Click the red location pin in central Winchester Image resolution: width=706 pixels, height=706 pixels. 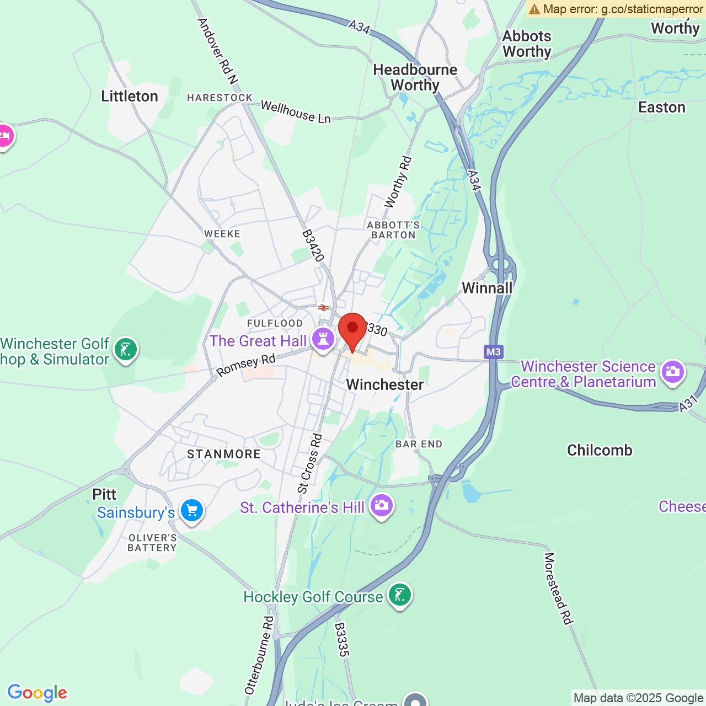coord(352,329)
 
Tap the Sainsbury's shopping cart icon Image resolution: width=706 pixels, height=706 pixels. coord(191,510)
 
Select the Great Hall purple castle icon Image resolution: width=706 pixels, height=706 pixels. coord(323,339)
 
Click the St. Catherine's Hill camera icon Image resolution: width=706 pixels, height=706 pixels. coord(381,505)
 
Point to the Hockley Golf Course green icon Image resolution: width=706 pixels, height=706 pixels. coord(400,595)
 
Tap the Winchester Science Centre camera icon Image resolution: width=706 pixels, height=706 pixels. coord(673,372)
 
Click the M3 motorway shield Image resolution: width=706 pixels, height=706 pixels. coord(494,352)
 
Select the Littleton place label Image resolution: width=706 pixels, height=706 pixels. coord(130,97)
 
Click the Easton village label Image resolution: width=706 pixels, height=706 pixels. coord(662,108)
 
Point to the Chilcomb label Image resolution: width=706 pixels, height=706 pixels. coord(600,451)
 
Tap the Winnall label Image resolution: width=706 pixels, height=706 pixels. coord(487,288)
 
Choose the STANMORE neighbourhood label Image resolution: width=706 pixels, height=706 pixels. coord(224,454)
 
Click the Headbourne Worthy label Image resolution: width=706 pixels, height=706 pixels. coord(415,77)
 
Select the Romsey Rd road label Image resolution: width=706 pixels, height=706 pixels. coord(245,366)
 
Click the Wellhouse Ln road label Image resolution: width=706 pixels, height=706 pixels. coord(296,112)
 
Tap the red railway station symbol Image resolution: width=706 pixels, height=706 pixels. coord(323,307)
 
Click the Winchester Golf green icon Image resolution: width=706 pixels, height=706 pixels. coord(126,350)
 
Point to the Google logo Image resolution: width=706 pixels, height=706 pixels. coord(38,693)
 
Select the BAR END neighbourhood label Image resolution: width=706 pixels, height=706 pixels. coord(419,444)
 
